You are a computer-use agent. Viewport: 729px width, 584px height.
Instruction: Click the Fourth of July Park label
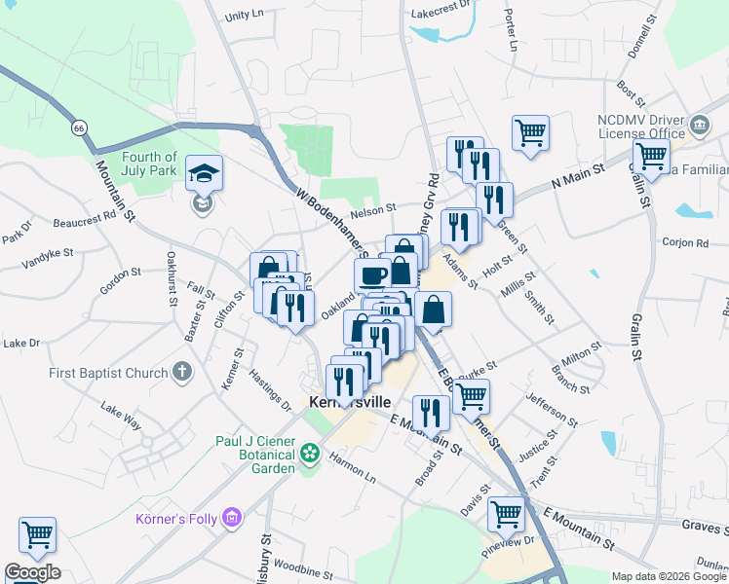tap(149, 164)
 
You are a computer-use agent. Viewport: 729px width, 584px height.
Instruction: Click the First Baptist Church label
tap(108, 373)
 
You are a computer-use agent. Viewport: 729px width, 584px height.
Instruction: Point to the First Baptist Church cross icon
tap(181, 371)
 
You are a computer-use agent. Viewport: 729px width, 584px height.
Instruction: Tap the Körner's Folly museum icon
tap(232, 516)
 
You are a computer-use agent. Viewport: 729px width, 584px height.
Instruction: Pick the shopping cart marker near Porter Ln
tap(530, 132)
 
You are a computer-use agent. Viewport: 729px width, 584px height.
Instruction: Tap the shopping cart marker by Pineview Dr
tap(507, 514)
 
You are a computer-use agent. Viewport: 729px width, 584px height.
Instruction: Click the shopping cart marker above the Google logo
tap(37, 533)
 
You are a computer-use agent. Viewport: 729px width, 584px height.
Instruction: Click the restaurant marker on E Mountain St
tap(431, 413)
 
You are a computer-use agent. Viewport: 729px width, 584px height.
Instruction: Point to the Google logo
tap(32, 572)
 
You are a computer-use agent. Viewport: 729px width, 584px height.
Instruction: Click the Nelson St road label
tap(373, 207)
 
